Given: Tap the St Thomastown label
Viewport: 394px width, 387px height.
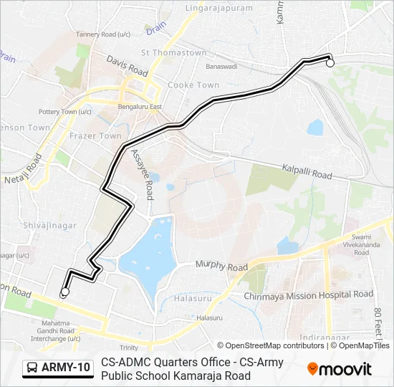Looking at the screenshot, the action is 174,53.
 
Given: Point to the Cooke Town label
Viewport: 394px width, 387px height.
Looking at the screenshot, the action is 193,85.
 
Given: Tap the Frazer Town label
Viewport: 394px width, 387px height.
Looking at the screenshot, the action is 95,135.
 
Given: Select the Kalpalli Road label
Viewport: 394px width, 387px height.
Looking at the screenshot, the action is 307,171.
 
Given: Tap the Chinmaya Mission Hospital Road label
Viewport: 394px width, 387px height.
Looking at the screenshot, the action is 308,295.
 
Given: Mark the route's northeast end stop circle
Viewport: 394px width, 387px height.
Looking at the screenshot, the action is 330,64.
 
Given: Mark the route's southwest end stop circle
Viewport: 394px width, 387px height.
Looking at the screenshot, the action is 64,292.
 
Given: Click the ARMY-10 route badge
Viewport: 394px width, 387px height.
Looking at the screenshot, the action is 59,368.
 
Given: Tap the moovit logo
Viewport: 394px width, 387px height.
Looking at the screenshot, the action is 339,369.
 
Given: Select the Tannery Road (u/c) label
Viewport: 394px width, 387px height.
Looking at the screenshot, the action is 103,34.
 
